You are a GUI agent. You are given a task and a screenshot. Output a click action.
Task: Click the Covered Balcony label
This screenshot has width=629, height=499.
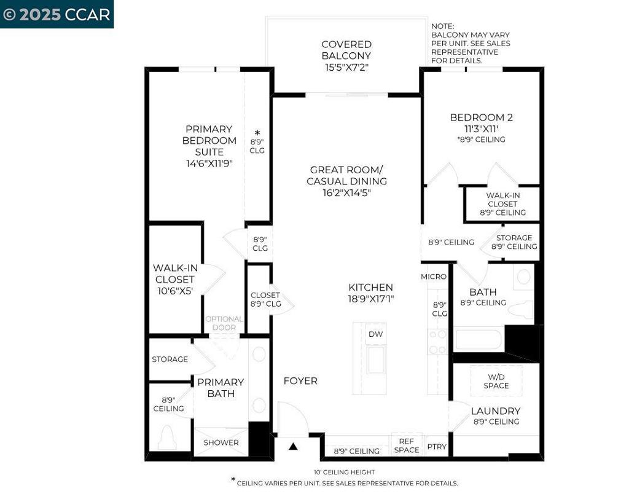(x=346, y=55)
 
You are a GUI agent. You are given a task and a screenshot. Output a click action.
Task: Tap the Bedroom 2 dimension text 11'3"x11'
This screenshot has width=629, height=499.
(x=481, y=129)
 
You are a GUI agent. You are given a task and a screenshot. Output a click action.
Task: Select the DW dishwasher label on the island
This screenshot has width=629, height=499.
(x=375, y=334)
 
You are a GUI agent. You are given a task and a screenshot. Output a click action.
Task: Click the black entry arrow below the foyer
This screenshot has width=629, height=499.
(x=293, y=446)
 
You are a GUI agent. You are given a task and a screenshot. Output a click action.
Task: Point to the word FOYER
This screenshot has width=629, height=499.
(x=300, y=380)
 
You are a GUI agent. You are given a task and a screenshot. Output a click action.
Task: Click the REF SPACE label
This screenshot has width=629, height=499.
(x=407, y=446)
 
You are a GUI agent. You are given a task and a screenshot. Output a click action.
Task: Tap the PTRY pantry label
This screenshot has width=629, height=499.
(x=437, y=447)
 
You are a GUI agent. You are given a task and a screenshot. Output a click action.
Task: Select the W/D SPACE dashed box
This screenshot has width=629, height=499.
(x=496, y=381)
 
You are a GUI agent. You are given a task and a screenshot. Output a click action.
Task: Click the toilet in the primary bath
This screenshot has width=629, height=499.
(x=167, y=438)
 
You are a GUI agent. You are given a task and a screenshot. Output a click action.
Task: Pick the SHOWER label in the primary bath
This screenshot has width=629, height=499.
(x=221, y=442)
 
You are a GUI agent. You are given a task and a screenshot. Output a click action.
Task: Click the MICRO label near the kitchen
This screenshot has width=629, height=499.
(x=434, y=277)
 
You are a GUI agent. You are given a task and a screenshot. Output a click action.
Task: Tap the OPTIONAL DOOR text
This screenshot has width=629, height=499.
(x=224, y=323)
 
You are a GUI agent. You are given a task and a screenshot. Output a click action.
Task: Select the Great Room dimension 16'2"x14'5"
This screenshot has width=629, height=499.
(x=346, y=193)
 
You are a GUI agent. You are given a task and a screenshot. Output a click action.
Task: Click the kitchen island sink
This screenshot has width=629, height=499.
(x=376, y=360)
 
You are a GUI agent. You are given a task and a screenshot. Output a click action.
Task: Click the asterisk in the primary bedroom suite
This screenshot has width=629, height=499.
(x=257, y=133)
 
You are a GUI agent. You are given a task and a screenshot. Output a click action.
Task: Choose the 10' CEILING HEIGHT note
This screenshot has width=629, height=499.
(x=344, y=472)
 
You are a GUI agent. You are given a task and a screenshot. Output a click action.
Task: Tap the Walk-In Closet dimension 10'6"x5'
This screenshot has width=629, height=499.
(x=175, y=291)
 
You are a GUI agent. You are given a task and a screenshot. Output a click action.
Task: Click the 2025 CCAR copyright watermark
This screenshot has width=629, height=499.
(x=57, y=15)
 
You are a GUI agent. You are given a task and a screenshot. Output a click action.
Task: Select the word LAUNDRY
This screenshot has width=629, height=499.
(x=496, y=411)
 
